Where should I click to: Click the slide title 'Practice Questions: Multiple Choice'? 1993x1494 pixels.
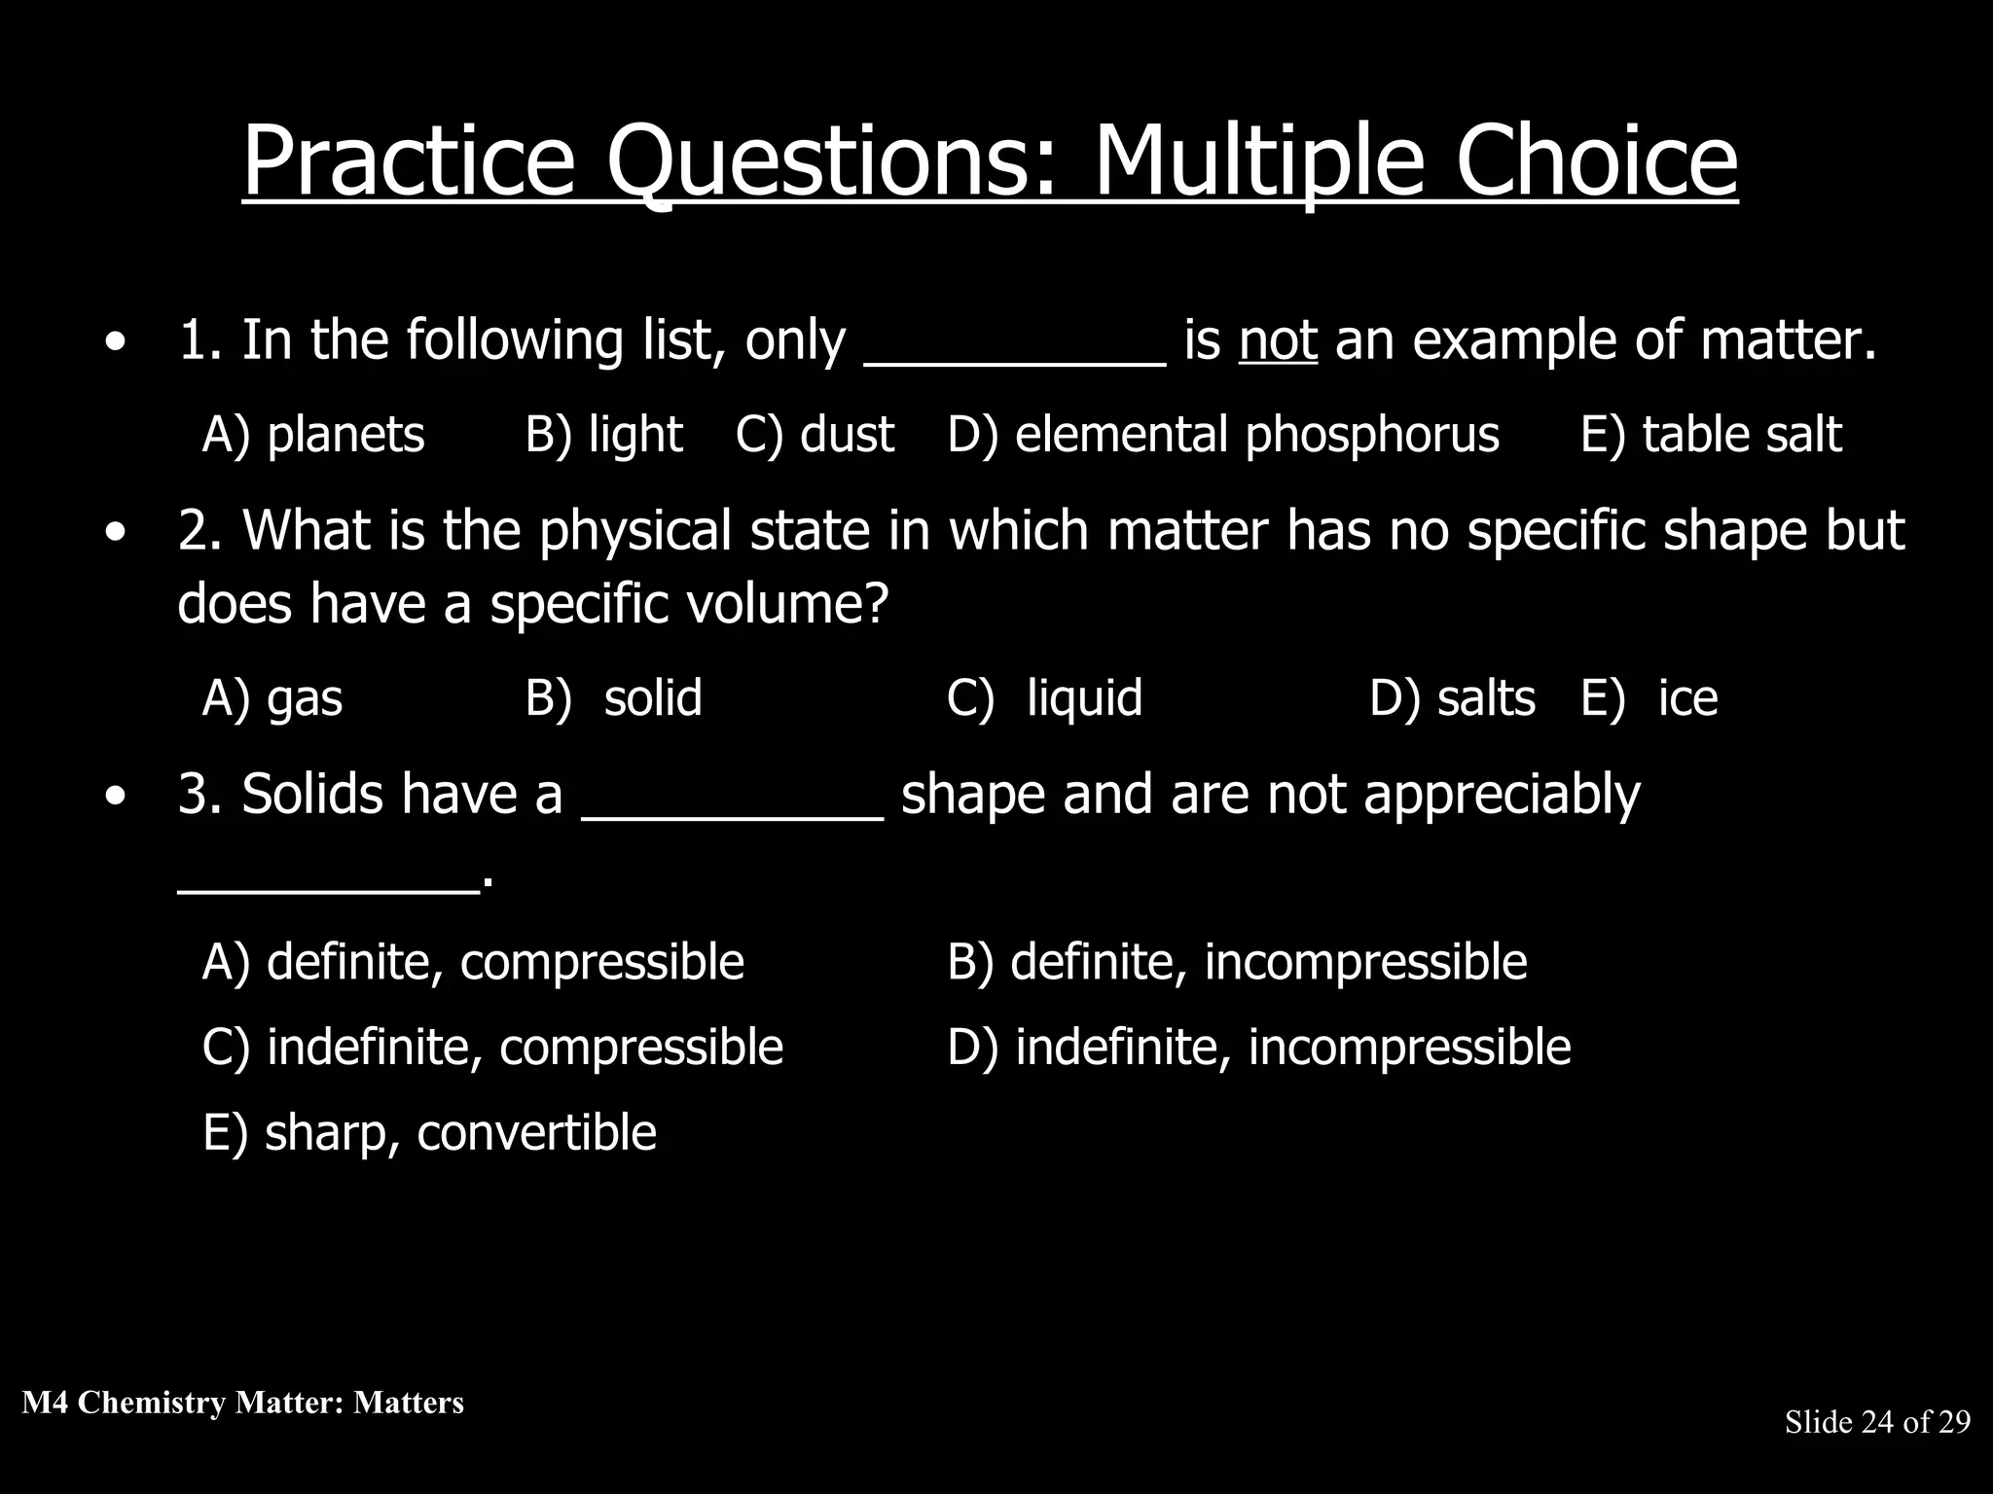[990, 160]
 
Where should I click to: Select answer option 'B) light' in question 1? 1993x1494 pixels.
[603, 435]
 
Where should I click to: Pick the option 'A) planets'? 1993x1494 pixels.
[313, 435]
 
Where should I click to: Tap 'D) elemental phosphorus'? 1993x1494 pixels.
[1223, 435]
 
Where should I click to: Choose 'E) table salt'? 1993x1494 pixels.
[1711, 435]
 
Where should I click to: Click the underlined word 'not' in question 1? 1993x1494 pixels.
[1278, 341]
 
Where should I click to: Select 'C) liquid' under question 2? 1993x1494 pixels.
[1044, 698]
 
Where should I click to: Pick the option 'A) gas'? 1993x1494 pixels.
[272, 698]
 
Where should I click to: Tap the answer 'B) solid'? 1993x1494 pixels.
[613, 698]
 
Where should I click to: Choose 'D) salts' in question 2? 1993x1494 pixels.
[1452, 698]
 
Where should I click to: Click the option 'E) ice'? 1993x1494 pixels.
[1649, 698]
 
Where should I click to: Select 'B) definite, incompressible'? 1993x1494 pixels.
[1237, 962]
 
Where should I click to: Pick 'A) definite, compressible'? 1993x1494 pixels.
[473, 962]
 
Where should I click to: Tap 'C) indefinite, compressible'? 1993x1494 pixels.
[492, 1048]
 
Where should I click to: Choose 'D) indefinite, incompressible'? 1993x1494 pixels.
[1259, 1048]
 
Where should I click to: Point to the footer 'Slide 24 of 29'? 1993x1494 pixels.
[1877, 1422]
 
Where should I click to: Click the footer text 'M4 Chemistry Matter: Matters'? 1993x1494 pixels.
[242, 1403]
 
